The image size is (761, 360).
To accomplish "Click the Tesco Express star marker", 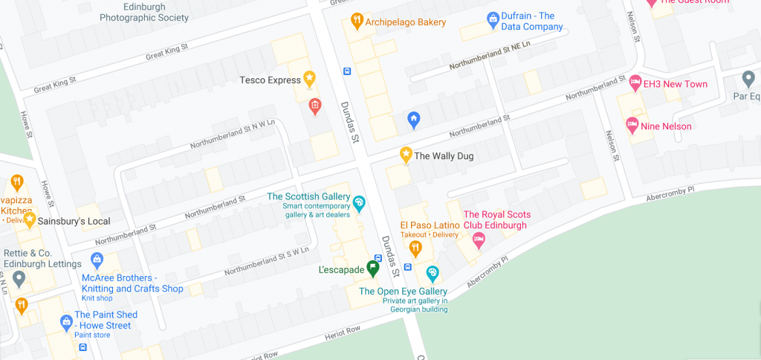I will coord(309,78).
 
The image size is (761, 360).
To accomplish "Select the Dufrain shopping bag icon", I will coord(492,19).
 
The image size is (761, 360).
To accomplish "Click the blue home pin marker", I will coord(414,118).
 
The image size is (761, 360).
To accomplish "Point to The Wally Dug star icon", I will coord(406,155).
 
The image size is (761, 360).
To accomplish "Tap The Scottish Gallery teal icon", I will coord(359,202).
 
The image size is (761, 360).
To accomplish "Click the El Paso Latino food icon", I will coord(415,248).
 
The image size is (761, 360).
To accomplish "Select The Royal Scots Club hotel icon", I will coord(479,240).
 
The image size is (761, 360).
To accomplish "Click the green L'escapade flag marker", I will coord(373,268).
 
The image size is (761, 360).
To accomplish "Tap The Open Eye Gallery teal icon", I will coord(433,274).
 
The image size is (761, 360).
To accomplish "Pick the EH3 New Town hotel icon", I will coord(635,82).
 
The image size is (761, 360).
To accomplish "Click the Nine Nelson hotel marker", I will coord(632,124).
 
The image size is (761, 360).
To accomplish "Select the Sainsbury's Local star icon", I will coord(30,219).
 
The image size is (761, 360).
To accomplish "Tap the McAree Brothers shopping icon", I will coord(96,260).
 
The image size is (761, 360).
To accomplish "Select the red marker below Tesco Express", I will coord(315,106).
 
